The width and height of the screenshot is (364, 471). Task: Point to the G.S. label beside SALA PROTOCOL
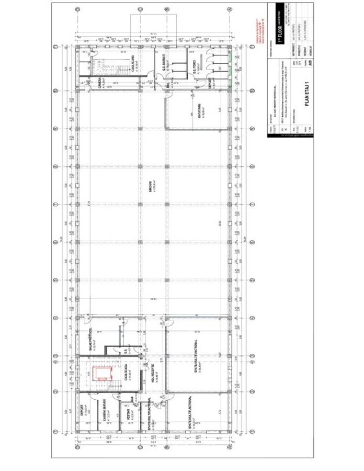tap(126, 352)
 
